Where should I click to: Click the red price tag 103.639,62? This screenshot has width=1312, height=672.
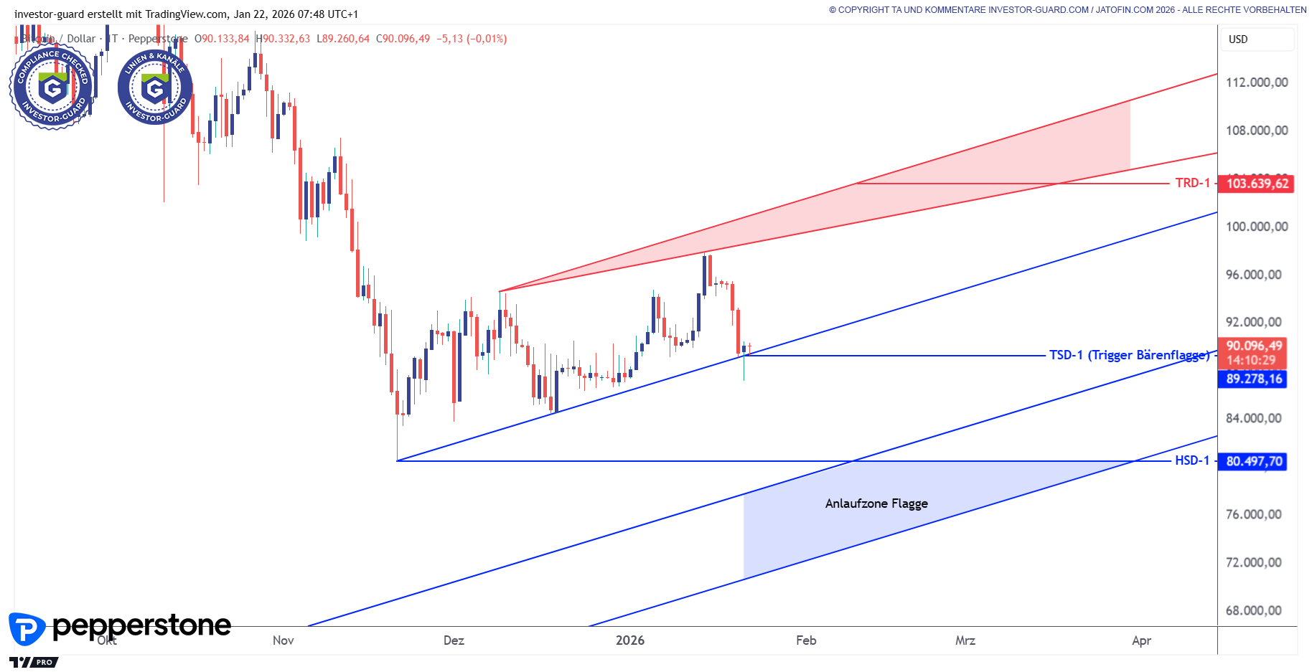click(x=1257, y=184)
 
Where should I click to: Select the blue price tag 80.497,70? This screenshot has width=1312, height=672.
click(x=1253, y=461)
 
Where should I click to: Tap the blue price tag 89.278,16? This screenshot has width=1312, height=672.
click(x=1253, y=379)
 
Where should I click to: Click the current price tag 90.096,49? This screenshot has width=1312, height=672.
click(x=1253, y=346)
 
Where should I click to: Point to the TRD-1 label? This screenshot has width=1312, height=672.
click(x=1192, y=183)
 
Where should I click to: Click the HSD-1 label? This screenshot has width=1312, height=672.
click(x=1191, y=460)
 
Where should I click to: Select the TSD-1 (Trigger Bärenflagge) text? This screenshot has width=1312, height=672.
click(x=1129, y=355)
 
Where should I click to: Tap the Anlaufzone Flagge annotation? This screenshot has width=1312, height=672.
click(x=876, y=503)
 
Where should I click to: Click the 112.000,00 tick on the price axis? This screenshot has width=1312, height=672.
click(x=1256, y=82)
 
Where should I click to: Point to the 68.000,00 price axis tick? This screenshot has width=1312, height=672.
click(x=1253, y=610)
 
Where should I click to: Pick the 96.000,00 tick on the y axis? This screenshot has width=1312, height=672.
click(x=1253, y=275)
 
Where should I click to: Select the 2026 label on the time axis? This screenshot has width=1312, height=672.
click(x=629, y=640)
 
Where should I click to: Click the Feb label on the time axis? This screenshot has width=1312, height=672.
click(x=806, y=640)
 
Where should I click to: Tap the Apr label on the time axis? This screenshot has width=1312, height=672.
click(x=1141, y=640)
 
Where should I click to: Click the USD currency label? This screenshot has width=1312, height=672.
click(x=1238, y=39)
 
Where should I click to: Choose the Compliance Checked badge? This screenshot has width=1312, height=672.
click(x=52, y=87)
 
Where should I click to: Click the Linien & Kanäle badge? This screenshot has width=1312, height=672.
click(x=155, y=87)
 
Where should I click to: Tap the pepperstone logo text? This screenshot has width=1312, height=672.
click(x=141, y=626)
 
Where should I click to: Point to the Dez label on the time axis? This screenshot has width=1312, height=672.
click(x=454, y=640)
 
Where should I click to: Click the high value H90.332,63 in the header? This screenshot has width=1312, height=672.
click(x=284, y=39)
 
